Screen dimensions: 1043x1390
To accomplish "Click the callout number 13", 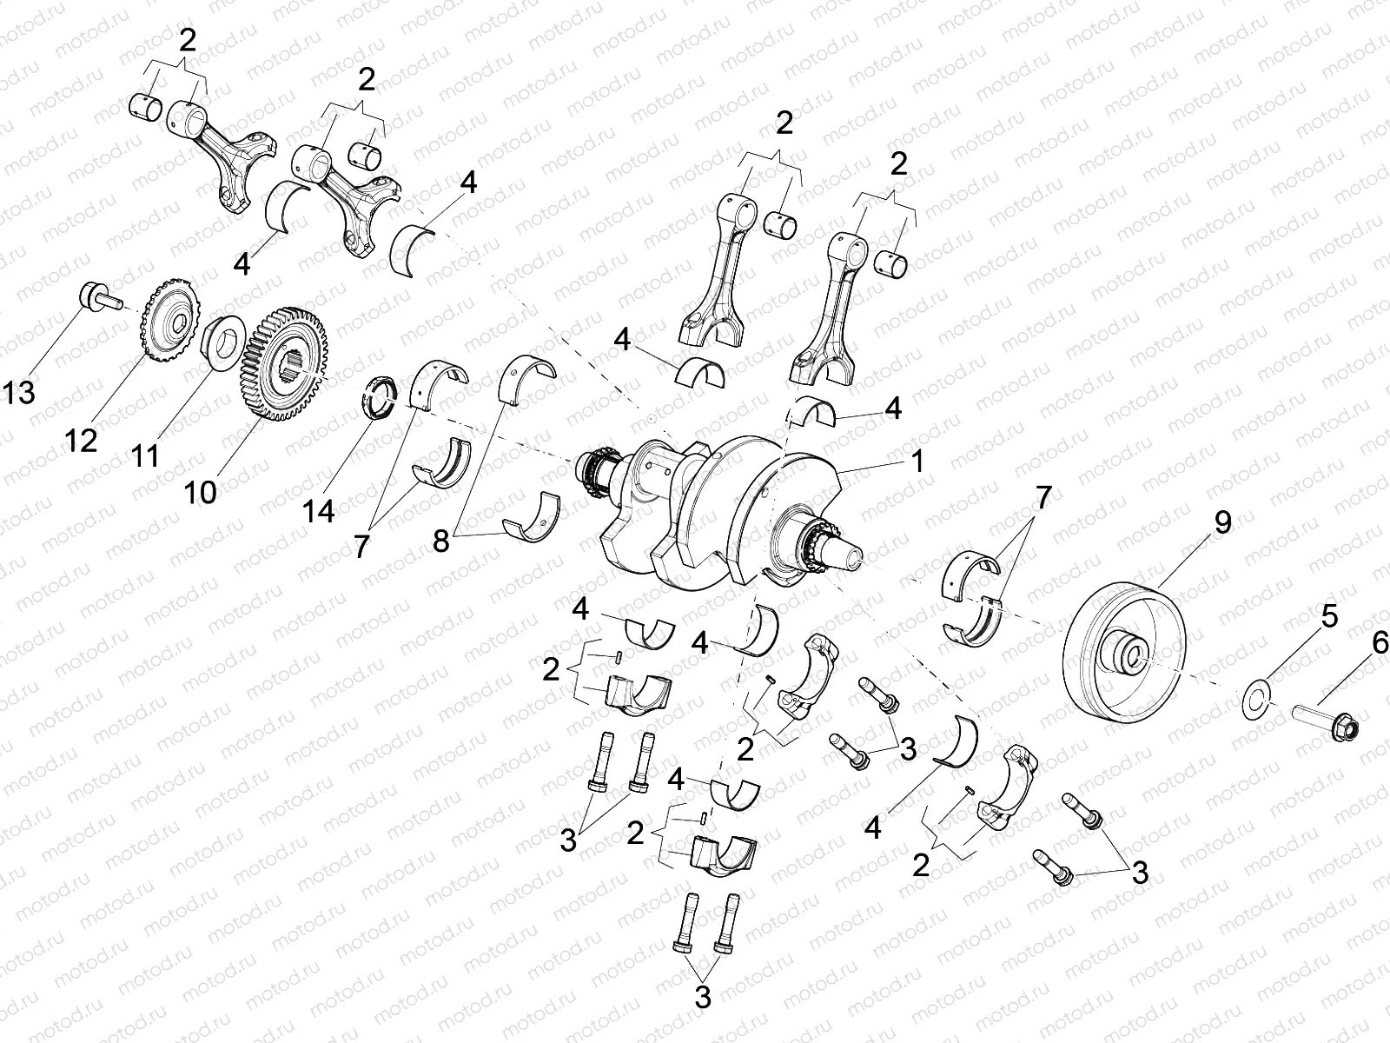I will [x=18, y=393].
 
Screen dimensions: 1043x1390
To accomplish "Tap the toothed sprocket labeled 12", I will [x=170, y=325].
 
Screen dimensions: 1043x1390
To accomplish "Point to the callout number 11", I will [x=145, y=455].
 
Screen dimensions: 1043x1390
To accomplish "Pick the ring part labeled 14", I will [x=380, y=396].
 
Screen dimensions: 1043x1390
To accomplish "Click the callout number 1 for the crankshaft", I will [x=917, y=461].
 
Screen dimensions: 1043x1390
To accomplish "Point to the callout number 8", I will [x=441, y=541].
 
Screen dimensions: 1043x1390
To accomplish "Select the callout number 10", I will [x=201, y=492].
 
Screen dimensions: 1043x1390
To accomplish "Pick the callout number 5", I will [x=1329, y=616].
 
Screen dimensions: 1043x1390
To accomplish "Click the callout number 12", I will [x=81, y=441].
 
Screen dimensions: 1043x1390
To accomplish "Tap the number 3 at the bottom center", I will [x=702, y=997].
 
